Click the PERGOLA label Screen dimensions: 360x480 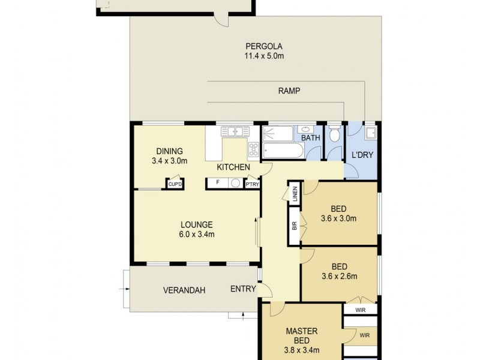click(x=263, y=46)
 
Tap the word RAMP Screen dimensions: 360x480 click(x=289, y=91)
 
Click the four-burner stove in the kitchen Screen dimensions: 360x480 click(x=253, y=149)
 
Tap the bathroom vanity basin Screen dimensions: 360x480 click(x=306, y=129)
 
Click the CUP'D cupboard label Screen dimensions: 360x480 click(x=175, y=185)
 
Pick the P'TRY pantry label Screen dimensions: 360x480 click(x=252, y=185)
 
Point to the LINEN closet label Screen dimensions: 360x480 click(x=295, y=194)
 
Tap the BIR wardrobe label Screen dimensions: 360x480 click(x=295, y=226)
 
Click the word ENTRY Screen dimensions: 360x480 click(x=243, y=289)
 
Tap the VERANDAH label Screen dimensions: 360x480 click(x=184, y=290)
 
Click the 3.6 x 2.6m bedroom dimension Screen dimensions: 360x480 click(x=339, y=277)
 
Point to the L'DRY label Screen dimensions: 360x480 click(x=362, y=155)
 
